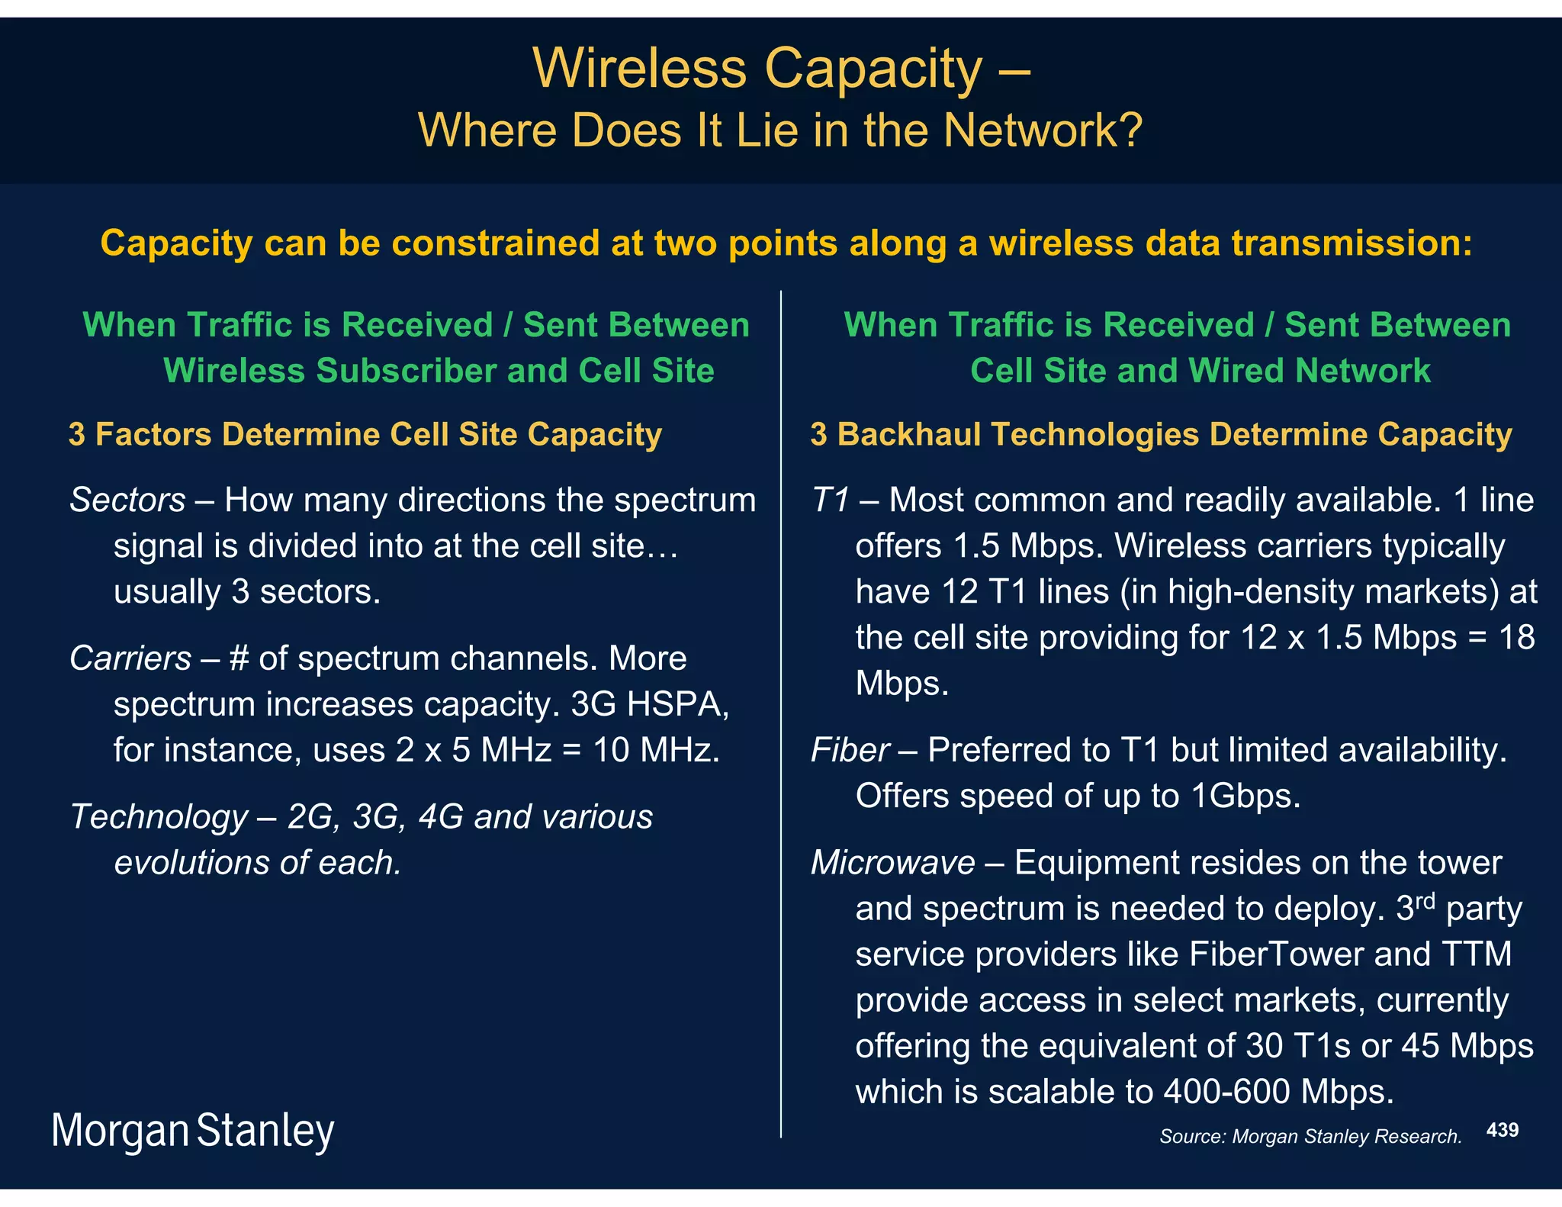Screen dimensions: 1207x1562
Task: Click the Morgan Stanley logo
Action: [x=192, y=1131]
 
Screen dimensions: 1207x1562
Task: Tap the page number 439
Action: [x=1503, y=1130]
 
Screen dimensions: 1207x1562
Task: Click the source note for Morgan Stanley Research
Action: [x=1310, y=1137]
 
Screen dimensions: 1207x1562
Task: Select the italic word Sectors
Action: [x=128, y=501]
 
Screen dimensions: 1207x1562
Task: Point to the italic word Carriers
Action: [x=130, y=658]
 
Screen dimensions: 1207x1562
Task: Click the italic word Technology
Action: [x=159, y=817]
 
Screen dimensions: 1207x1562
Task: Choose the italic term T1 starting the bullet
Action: [x=831, y=501]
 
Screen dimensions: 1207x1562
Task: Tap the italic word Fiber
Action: [x=850, y=750]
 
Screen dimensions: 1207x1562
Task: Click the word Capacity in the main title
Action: [x=873, y=69]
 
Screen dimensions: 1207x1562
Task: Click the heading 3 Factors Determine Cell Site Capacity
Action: [x=365, y=434]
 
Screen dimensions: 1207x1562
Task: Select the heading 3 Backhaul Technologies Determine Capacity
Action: [x=1161, y=434]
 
